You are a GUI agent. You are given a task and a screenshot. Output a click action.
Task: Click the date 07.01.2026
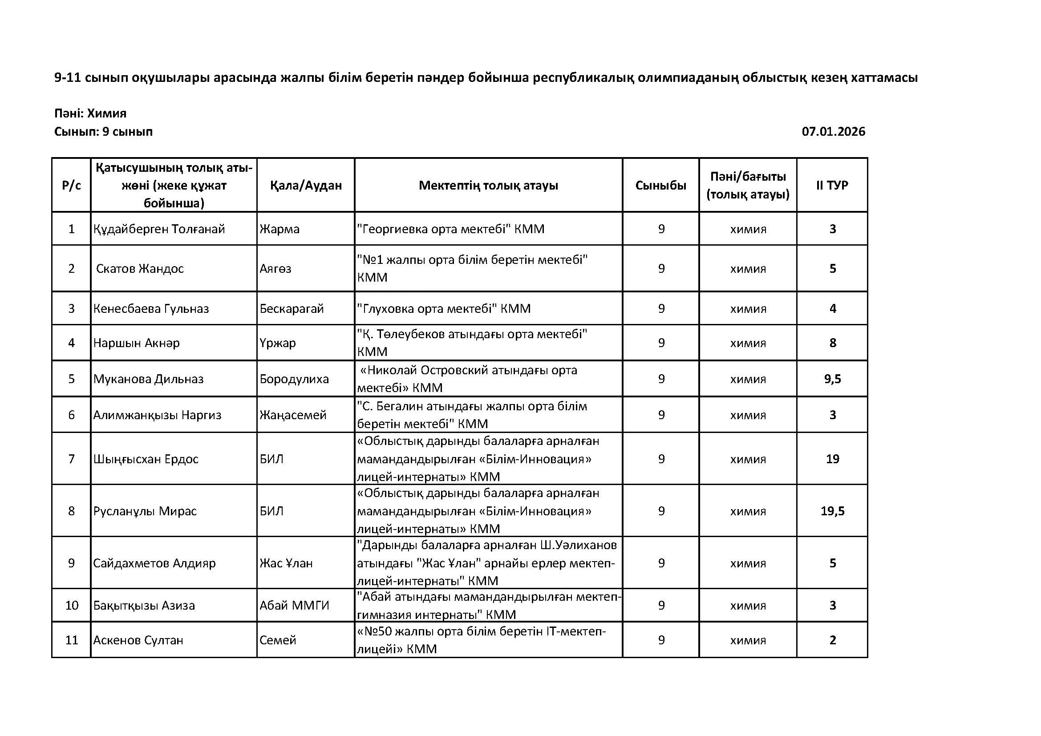(833, 132)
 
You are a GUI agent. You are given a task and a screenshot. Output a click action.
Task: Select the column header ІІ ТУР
(832, 186)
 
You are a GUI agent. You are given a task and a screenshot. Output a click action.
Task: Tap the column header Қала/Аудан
(306, 186)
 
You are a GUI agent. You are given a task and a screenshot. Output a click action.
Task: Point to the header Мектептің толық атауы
(488, 186)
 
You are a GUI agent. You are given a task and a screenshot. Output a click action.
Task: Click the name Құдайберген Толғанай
(159, 229)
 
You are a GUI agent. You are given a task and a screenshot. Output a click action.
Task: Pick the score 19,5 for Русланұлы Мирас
(832, 511)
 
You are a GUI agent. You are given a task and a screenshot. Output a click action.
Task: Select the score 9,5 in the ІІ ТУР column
(832, 379)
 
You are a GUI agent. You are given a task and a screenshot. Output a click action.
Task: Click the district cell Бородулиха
(294, 379)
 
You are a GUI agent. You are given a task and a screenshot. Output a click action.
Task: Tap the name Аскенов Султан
(138, 640)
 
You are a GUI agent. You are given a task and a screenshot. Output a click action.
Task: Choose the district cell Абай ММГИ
(294, 606)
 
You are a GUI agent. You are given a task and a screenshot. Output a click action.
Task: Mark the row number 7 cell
(72, 459)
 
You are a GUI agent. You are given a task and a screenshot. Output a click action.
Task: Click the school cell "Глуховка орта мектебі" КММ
(444, 309)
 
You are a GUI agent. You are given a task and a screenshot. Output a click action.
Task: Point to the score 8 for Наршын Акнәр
(832, 343)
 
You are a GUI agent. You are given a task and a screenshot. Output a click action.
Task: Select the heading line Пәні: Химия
(90, 113)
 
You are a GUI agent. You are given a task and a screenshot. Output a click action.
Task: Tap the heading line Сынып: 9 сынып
(103, 132)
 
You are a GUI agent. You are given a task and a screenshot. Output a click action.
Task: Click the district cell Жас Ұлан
(286, 563)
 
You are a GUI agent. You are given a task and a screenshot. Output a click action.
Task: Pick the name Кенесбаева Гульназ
(151, 309)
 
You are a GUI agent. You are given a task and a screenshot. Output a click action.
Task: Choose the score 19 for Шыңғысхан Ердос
(832, 459)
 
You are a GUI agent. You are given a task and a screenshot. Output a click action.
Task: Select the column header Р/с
(72, 186)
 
